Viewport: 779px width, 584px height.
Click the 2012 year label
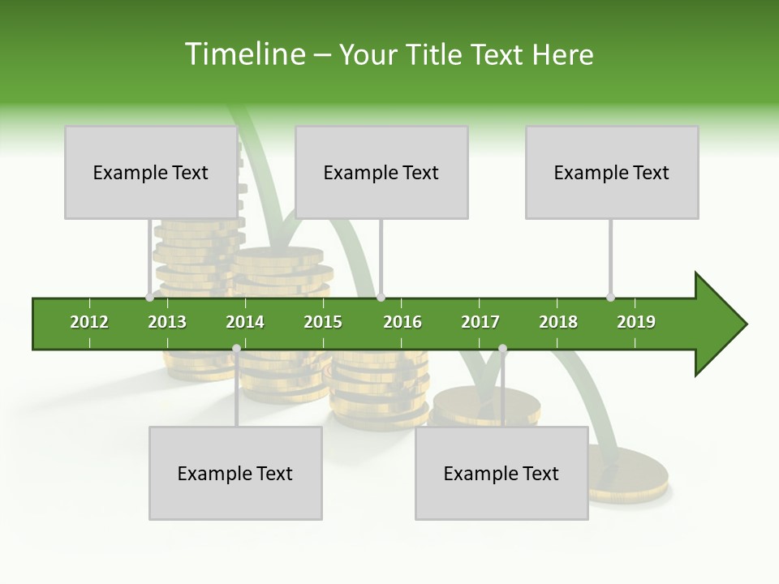(x=89, y=322)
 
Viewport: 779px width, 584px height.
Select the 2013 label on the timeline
(x=167, y=322)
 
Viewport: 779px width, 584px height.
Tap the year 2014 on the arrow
(x=245, y=322)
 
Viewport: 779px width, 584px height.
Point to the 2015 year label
(x=323, y=322)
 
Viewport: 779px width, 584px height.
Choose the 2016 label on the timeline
(x=402, y=322)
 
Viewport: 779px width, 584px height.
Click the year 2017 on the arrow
(x=480, y=322)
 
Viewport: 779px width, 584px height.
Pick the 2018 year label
(x=558, y=322)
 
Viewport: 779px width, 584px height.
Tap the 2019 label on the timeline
(x=636, y=322)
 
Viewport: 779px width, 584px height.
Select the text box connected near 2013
(x=151, y=172)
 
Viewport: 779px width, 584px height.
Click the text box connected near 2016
(x=381, y=172)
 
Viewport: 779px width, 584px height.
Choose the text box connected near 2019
(x=612, y=172)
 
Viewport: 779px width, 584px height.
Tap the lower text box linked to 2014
(x=235, y=473)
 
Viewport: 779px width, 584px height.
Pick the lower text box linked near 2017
(x=501, y=473)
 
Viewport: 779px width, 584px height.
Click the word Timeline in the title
(x=243, y=54)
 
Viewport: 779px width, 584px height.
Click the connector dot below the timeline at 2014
(x=236, y=349)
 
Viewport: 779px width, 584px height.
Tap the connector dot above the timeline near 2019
(x=611, y=297)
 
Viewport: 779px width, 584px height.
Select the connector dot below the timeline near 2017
(x=502, y=349)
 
